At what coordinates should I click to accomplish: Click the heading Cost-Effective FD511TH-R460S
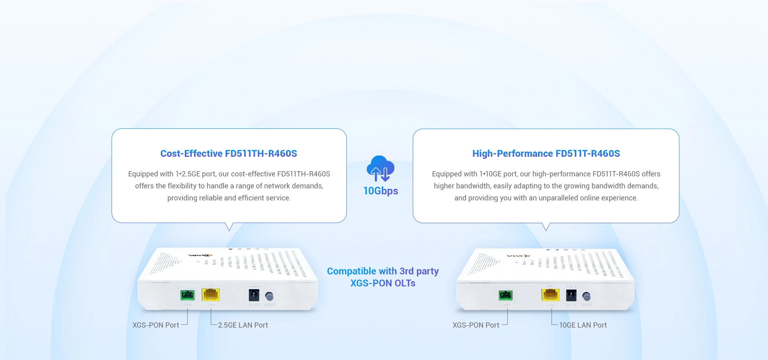(x=228, y=154)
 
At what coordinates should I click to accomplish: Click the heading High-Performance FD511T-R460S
(x=546, y=154)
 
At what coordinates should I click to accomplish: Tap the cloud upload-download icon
(x=380, y=168)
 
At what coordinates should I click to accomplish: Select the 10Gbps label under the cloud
(x=380, y=191)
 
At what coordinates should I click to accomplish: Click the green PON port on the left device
(x=187, y=295)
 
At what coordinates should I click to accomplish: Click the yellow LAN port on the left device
(x=211, y=295)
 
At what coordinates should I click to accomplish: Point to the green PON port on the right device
(x=506, y=295)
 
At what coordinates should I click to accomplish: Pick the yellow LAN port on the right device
(x=550, y=295)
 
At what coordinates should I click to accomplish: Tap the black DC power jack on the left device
(x=254, y=296)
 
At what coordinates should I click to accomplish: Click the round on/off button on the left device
(x=270, y=296)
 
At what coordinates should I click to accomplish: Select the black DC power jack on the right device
(x=571, y=296)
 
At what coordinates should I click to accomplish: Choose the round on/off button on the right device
(x=586, y=296)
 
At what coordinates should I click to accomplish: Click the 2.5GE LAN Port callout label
(x=243, y=325)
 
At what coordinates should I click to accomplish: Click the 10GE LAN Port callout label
(x=583, y=325)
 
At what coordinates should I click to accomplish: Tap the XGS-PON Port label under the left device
(x=156, y=325)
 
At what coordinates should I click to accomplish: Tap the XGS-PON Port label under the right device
(x=476, y=325)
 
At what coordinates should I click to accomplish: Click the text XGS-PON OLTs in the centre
(x=383, y=283)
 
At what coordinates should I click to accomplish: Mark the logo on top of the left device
(x=200, y=255)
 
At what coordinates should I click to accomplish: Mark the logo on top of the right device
(x=518, y=256)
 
